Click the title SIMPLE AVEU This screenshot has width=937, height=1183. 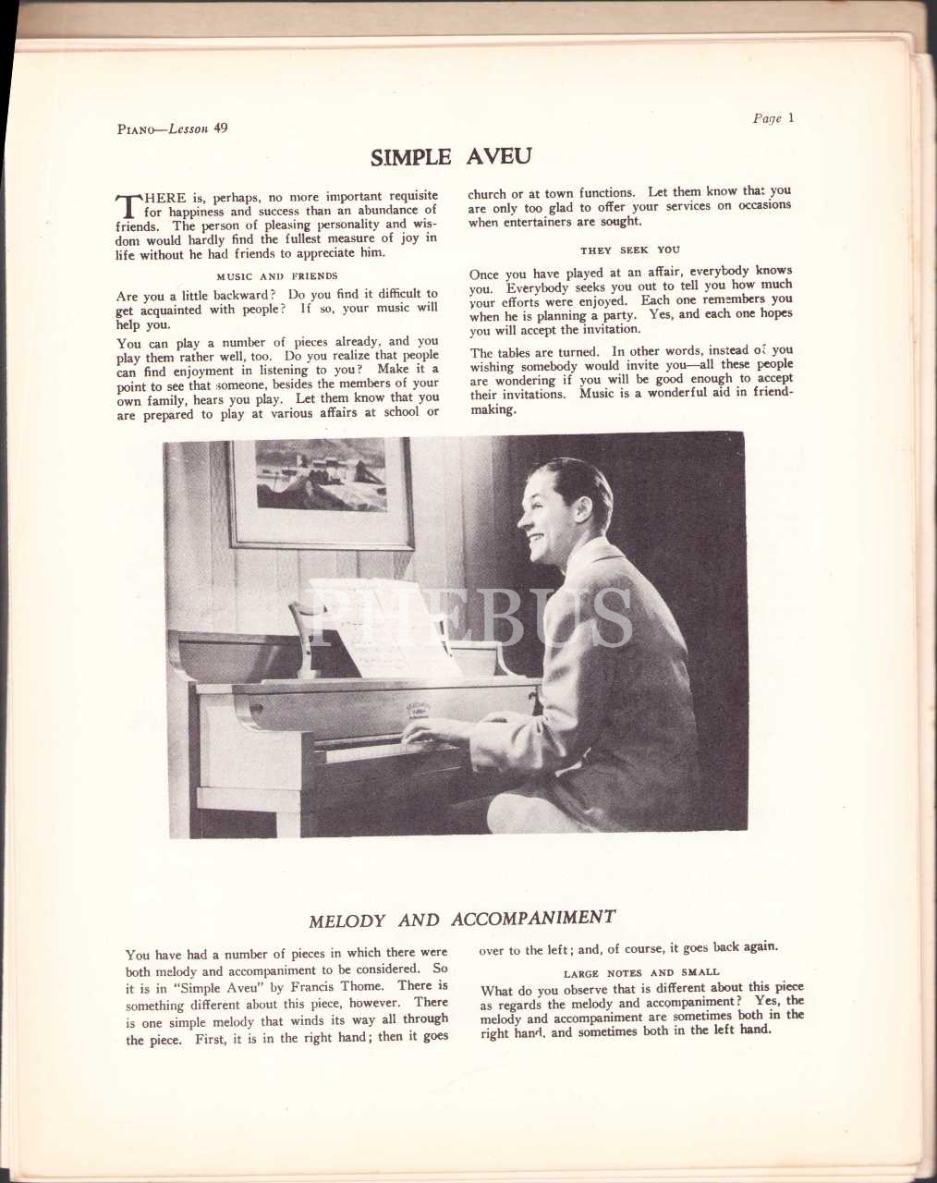[x=451, y=156]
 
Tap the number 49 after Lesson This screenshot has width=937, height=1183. [x=220, y=128]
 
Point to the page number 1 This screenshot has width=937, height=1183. [x=791, y=117]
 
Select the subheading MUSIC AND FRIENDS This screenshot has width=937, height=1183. [x=277, y=275]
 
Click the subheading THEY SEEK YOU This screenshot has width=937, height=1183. [x=630, y=250]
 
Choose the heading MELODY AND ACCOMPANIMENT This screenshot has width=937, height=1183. [x=462, y=920]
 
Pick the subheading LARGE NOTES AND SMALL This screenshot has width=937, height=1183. [x=641, y=972]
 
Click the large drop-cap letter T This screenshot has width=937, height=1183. [x=127, y=207]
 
